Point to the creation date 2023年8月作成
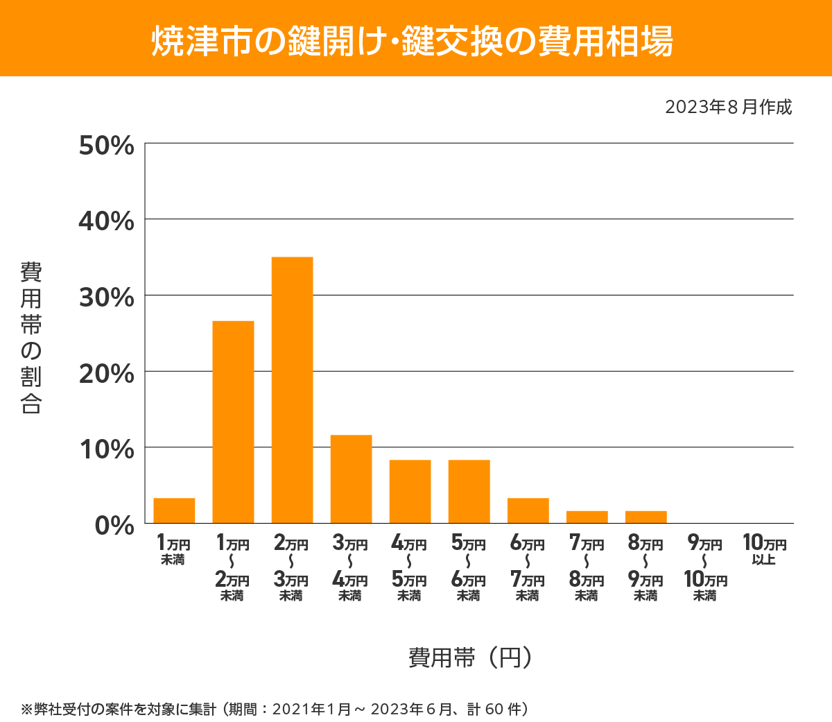728,108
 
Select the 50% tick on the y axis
106,146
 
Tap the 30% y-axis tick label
106,298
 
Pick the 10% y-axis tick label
106,449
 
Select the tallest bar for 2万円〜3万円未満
292,390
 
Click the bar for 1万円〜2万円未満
233,422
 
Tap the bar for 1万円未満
174,510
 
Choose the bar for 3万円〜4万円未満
351,479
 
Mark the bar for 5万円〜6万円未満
469,491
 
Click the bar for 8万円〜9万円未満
645,517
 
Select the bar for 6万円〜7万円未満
528,510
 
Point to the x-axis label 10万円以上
764,549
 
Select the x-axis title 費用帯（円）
469,657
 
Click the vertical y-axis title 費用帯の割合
31,338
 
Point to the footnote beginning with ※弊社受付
275,709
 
